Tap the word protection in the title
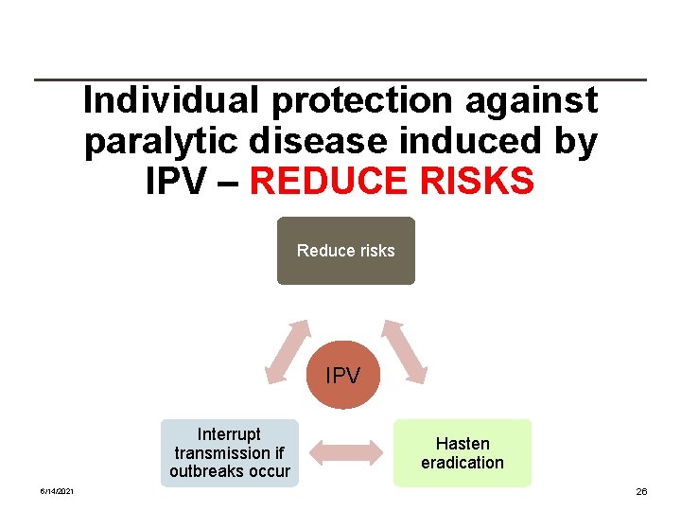(348, 101)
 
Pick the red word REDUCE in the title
(337, 182)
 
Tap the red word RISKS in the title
(482, 182)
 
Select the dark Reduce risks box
(345, 251)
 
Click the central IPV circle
(342, 376)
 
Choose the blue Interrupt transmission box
(230, 453)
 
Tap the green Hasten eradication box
(463, 453)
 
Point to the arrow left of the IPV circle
(288, 351)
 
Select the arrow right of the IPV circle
(405, 351)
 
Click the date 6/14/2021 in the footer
(58, 492)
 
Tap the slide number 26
(641, 492)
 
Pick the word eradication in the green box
(463, 463)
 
